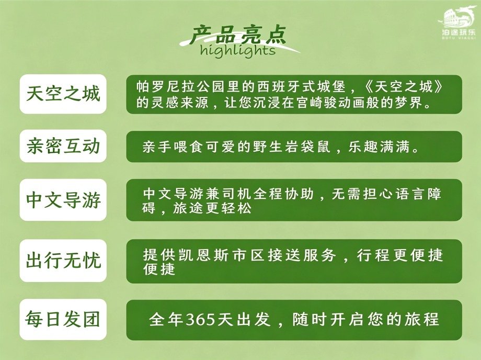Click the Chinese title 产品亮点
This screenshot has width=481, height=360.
[237, 35]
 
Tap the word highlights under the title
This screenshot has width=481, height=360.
[238, 50]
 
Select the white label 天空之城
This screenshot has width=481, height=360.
[63, 94]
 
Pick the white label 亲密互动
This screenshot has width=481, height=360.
[63, 146]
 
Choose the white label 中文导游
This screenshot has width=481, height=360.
[63, 200]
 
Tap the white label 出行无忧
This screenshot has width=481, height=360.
[63, 261]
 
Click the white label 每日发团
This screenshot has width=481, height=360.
[63, 320]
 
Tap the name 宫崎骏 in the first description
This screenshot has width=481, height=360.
[317, 103]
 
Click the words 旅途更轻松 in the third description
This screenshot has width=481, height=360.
[212, 208]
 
